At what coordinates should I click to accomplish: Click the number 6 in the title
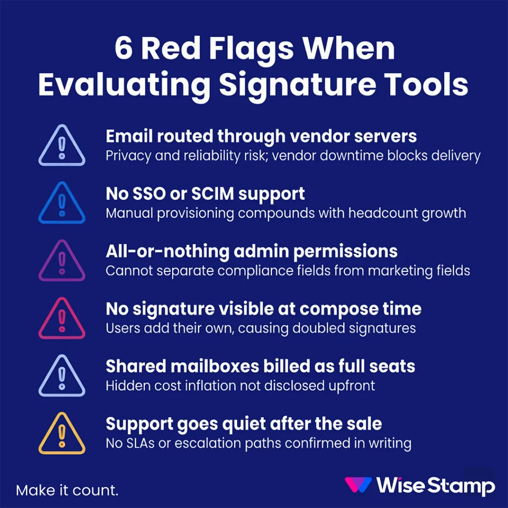[124, 49]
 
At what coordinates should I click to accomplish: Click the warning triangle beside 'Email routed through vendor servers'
[62, 146]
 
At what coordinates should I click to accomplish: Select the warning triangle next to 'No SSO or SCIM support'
[62, 203]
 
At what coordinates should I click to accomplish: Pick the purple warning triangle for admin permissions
[62, 261]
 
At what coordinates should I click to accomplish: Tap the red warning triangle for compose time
[62, 319]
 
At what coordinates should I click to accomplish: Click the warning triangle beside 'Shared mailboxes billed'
[62, 377]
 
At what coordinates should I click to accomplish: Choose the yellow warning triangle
[62, 434]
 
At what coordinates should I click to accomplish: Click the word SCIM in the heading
[195, 194]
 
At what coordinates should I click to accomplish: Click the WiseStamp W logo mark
[358, 485]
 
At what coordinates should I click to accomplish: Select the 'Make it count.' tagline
[67, 491]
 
